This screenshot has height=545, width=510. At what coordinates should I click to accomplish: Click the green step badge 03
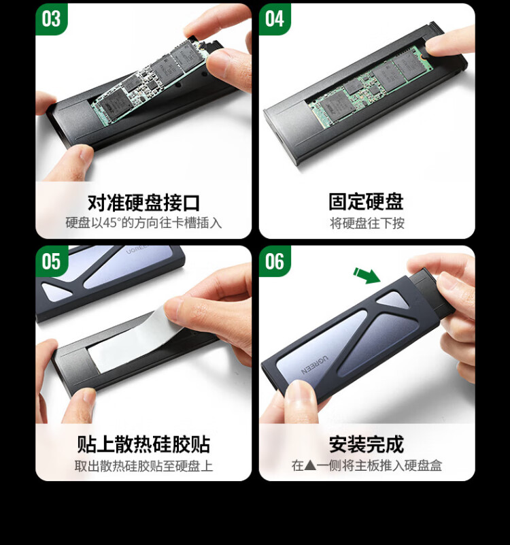pos(51,19)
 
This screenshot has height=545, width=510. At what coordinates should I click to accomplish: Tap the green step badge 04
pos(275,19)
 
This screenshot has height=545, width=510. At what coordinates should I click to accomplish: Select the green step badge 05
pos(51,261)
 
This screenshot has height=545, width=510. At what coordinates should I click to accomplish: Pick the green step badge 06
pos(275,261)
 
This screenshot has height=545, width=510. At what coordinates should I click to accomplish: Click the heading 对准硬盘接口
pos(143,203)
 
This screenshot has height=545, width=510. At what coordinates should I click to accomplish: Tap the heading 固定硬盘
pos(366,201)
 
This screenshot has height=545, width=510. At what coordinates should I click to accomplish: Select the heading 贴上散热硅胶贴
pos(143,444)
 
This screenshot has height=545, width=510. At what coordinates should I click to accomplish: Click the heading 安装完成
pos(367,444)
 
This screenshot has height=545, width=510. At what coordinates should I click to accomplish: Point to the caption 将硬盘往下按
pos(367,223)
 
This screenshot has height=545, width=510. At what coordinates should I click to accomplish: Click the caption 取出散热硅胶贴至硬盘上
pos(143,466)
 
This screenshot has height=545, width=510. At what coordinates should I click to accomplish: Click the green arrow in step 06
pos(367,276)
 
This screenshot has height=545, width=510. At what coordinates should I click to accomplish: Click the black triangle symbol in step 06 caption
pos(310,465)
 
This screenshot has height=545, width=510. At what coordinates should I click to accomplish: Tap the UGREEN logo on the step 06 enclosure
pos(313,365)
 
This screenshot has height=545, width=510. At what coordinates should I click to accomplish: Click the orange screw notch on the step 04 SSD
pos(421,56)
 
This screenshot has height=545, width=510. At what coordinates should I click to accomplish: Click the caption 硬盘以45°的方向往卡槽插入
pos(143,222)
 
